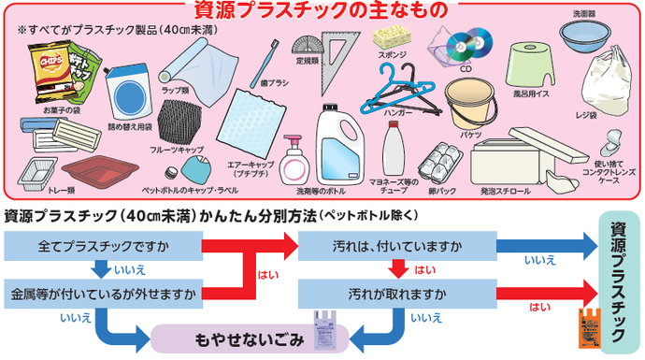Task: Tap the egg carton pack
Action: (x=437, y=166)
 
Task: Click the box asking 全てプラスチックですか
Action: (x=103, y=247)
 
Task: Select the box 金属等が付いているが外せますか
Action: (x=103, y=295)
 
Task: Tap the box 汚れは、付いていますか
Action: (x=396, y=247)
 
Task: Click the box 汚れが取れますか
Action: (x=396, y=295)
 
